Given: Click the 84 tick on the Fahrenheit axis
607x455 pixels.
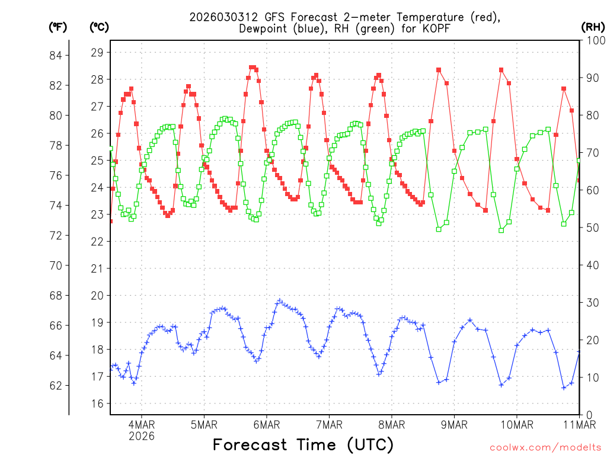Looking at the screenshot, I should pyautogui.click(x=60, y=56).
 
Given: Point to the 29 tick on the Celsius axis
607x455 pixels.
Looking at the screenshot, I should pyautogui.click(x=97, y=53).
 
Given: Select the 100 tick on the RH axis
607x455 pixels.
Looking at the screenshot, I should pyautogui.click(x=593, y=40).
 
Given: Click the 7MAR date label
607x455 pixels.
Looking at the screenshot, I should pyautogui.click(x=329, y=424).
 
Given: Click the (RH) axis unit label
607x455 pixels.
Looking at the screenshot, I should pyautogui.click(x=593, y=27).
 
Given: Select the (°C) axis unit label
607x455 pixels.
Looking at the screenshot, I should pyautogui.click(x=99, y=27).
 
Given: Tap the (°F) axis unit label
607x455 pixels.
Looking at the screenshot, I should pyautogui.click(x=58, y=27).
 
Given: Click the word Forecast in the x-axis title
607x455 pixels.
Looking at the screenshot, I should pyautogui.click(x=253, y=444).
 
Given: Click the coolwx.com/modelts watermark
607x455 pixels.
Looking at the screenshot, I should pyautogui.click(x=545, y=447).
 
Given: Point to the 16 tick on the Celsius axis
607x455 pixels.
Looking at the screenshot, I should pyautogui.click(x=97, y=403).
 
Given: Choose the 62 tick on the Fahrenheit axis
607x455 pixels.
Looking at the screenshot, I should pyautogui.click(x=60, y=386).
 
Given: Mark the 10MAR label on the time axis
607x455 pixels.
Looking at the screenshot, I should pyautogui.click(x=516, y=424).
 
